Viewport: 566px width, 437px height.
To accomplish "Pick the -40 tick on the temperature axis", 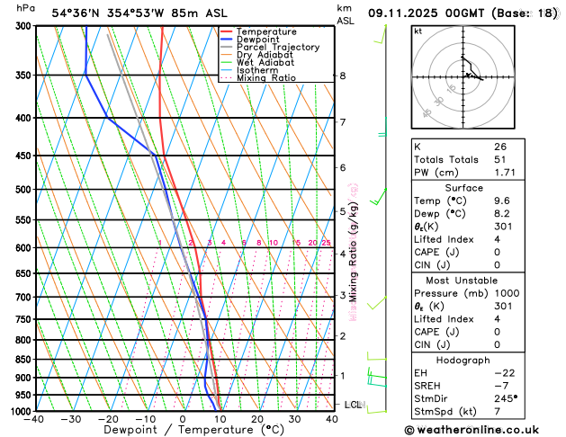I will click(35, 419).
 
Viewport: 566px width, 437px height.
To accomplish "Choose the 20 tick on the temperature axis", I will click(257, 419).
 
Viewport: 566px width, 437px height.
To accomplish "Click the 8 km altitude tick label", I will click(343, 76).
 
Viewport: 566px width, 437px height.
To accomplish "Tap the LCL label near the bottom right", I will click(354, 405).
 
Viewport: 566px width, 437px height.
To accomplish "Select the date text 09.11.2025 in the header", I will click(409, 13).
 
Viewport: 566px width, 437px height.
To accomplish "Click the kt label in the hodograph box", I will click(418, 31).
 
